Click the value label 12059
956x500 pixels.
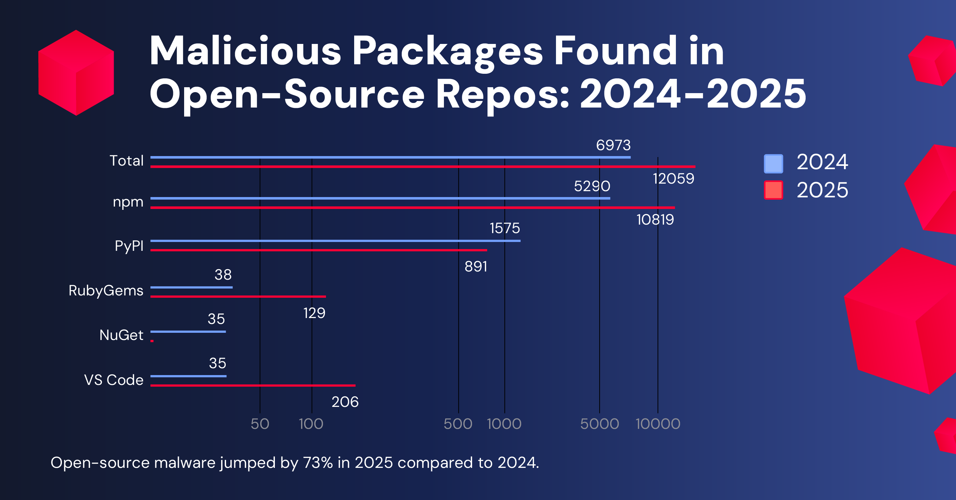673,179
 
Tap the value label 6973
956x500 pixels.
613,145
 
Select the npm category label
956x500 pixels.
128,202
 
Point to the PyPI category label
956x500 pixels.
129,246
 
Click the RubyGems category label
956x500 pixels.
106,290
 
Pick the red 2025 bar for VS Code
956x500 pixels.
252,386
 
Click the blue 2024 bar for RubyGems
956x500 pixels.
191,287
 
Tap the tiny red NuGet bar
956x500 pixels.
152,341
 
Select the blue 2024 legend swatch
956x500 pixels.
774,164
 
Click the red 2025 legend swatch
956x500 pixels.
774,190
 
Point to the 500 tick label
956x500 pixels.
458,424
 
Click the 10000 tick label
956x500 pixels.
658,424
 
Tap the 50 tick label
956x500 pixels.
260,424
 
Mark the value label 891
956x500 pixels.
476,267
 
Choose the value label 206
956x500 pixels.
345,402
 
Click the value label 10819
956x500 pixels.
655,220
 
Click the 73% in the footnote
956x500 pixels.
318,463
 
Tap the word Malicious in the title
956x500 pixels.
245,51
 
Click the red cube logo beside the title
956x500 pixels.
76,73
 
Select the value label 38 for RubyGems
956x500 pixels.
223,275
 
